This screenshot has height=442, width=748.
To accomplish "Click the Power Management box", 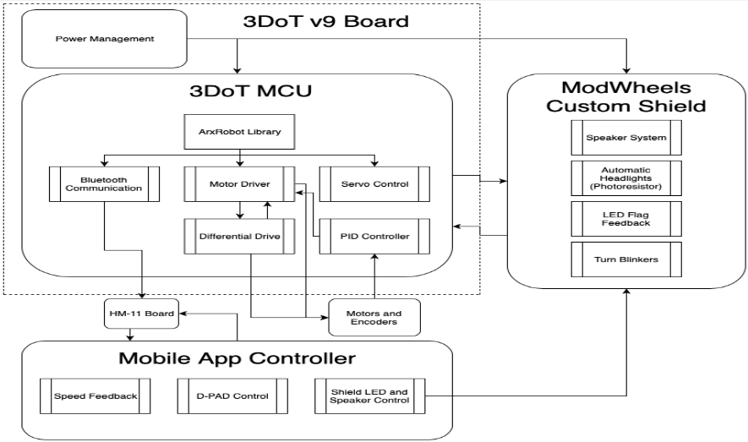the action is [105, 39].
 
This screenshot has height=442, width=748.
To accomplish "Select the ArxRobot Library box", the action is [239, 132].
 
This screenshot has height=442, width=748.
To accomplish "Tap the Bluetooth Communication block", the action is [105, 184].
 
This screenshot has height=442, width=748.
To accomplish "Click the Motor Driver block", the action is [239, 184].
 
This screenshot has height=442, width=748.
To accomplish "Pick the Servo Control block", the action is [374, 184].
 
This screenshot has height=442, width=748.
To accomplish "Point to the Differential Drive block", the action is [239, 237].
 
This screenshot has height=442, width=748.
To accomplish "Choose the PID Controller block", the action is [374, 237].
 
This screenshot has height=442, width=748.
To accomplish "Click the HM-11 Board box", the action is [142, 314].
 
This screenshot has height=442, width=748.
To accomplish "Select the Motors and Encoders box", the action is [374, 318].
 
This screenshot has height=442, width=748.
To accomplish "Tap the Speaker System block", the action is [626, 138].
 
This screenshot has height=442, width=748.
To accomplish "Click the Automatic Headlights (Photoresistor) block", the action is [626, 178].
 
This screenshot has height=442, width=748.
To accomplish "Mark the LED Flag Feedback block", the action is [626, 219].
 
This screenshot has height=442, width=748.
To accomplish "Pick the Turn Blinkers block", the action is [626, 259].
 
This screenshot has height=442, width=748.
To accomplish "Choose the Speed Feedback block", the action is [96, 396].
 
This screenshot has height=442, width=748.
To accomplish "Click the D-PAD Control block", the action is [232, 396].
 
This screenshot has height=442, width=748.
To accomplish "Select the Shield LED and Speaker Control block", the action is [369, 396].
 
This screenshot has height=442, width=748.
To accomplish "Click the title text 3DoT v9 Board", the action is [325, 21].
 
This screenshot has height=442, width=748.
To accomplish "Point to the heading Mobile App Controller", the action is [238, 358].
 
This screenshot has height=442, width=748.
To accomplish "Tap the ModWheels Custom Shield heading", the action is [626, 97].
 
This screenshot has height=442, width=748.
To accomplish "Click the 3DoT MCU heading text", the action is [250, 90].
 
